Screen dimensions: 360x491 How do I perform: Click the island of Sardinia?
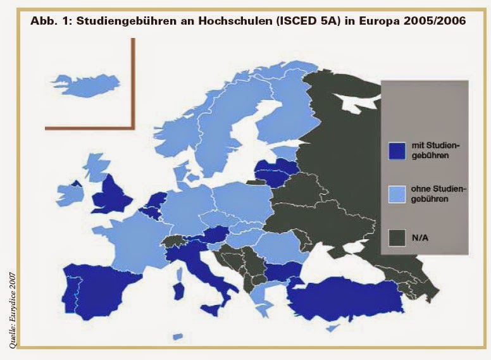[180, 291]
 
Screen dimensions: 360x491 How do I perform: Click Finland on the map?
[278, 114]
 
